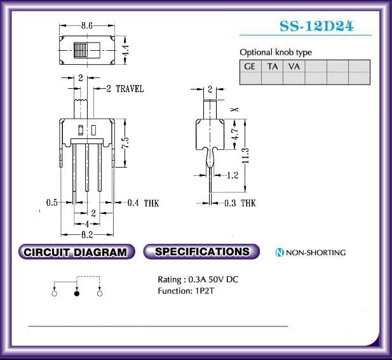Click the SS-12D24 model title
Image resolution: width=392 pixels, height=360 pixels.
pyautogui.click(x=316, y=26)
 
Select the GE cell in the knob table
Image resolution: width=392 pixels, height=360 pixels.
pyautogui.click(x=250, y=66)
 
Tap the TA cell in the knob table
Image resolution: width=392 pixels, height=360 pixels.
pyautogui.click(x=273, y=66)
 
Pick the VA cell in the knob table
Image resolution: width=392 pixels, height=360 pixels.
pyautogui.click(x=294, y=66)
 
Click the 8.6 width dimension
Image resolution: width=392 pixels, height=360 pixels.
pyautogui.click(x=87, y=25)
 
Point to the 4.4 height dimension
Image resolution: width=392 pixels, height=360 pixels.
pyautogui.click(x=126, y=51)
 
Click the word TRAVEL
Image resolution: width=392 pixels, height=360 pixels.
pyautogui.click(x=130, y=89)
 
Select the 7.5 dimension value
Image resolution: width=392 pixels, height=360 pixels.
pyautogui.click(x=126, y=142)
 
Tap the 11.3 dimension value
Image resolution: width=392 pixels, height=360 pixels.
pyautogui.click(x=245, y=156)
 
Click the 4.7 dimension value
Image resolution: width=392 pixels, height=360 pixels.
pyautogui.click(x=235, y=134)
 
